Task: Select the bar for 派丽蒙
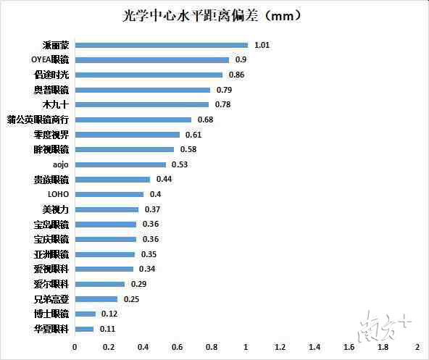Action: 161,45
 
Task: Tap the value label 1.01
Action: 262,45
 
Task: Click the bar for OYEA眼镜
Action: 151,60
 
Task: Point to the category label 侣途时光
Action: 51,75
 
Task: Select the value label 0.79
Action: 225,90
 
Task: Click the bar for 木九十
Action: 141,105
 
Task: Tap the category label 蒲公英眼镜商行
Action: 38,120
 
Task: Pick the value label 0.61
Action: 193,135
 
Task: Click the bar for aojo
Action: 120,164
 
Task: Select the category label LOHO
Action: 58,194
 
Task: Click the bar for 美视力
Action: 107,209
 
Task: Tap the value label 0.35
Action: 149,254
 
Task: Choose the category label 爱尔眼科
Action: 51,284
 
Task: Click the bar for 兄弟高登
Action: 96,298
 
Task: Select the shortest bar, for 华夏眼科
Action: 84,329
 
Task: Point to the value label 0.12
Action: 109,314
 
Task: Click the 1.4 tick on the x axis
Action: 315,348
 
